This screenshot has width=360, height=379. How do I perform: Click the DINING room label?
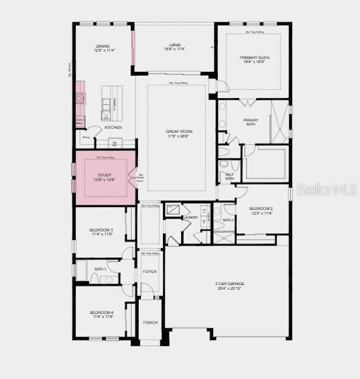[x=102, y=45]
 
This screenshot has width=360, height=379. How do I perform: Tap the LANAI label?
[x=174, y=45]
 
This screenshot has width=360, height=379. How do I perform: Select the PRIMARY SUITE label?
[x=255, y=58]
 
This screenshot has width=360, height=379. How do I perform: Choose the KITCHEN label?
[x=113, y=127]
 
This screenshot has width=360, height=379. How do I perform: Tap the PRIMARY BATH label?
[x=251, y=121]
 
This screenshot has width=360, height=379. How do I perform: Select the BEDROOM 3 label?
[x=101, y=229]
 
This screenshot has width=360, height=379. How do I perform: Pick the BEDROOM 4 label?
[x=102, y=313]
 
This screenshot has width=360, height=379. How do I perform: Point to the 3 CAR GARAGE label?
[x=229, y=284]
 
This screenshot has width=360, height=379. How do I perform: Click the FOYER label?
[x=149, y=271]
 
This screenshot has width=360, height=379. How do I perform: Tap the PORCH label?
[x=150, y=322]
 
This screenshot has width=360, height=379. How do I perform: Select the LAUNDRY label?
[x=190, y=217]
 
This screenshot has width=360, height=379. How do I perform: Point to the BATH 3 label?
[x=101, y=269]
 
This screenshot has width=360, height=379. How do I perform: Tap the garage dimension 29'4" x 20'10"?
[x=229, y=288]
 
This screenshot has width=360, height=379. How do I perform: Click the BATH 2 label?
[x=228, y=220]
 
